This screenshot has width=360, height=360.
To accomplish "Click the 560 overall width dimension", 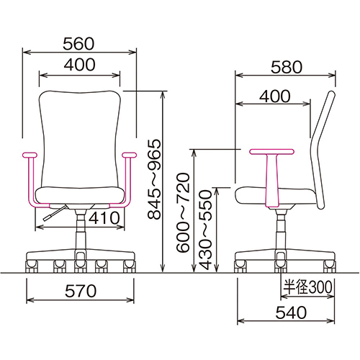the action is pos(78,43).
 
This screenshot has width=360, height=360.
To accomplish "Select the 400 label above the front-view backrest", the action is pos(79,64).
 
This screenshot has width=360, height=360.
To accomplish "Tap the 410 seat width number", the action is pos(104,217).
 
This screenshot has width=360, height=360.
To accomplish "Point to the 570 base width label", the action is pos(81,291).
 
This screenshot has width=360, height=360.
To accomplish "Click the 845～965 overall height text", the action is pos(154,179).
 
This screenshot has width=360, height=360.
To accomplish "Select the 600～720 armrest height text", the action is pos(183,212).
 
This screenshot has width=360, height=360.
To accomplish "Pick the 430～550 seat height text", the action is pos(206,230).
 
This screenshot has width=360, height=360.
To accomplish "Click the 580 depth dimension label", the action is pos(287,67).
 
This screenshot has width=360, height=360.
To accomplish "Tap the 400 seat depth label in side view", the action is pos(275,96).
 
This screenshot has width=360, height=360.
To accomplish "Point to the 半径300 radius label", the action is pos(308,287).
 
